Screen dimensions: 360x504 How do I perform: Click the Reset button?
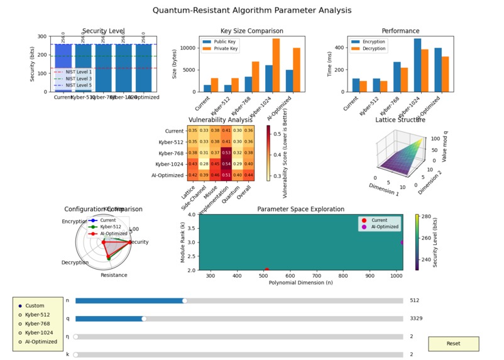(453, 344)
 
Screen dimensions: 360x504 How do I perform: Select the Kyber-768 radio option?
(20, 324)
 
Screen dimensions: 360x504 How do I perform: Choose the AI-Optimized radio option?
(20, 342)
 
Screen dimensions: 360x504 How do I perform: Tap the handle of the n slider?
(185, 300)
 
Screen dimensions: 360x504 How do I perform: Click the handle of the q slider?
(145, 319)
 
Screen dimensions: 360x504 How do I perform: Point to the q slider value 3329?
(416, 319)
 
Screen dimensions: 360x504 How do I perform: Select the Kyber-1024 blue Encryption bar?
(435, 65)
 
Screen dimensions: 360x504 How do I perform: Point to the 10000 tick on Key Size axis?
(195, 48)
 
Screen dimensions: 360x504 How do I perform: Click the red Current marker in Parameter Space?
(267, 270)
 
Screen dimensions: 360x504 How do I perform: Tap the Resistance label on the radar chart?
(114, 275)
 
